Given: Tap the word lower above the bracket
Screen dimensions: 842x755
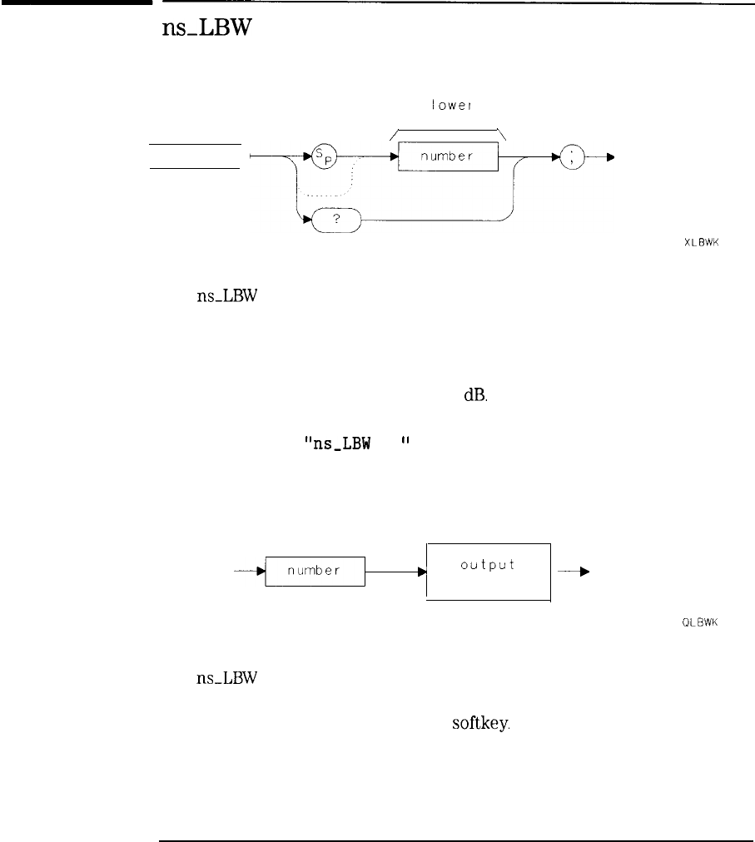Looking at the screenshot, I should [447, 106].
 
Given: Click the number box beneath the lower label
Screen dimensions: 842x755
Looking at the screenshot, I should [448, 156].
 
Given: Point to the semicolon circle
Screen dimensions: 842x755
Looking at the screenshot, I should [574, 156].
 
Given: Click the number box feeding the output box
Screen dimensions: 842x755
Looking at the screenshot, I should [315, 572].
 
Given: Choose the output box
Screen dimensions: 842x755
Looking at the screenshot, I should [489, 570].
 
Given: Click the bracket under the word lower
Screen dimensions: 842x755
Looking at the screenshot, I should [448, 129].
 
